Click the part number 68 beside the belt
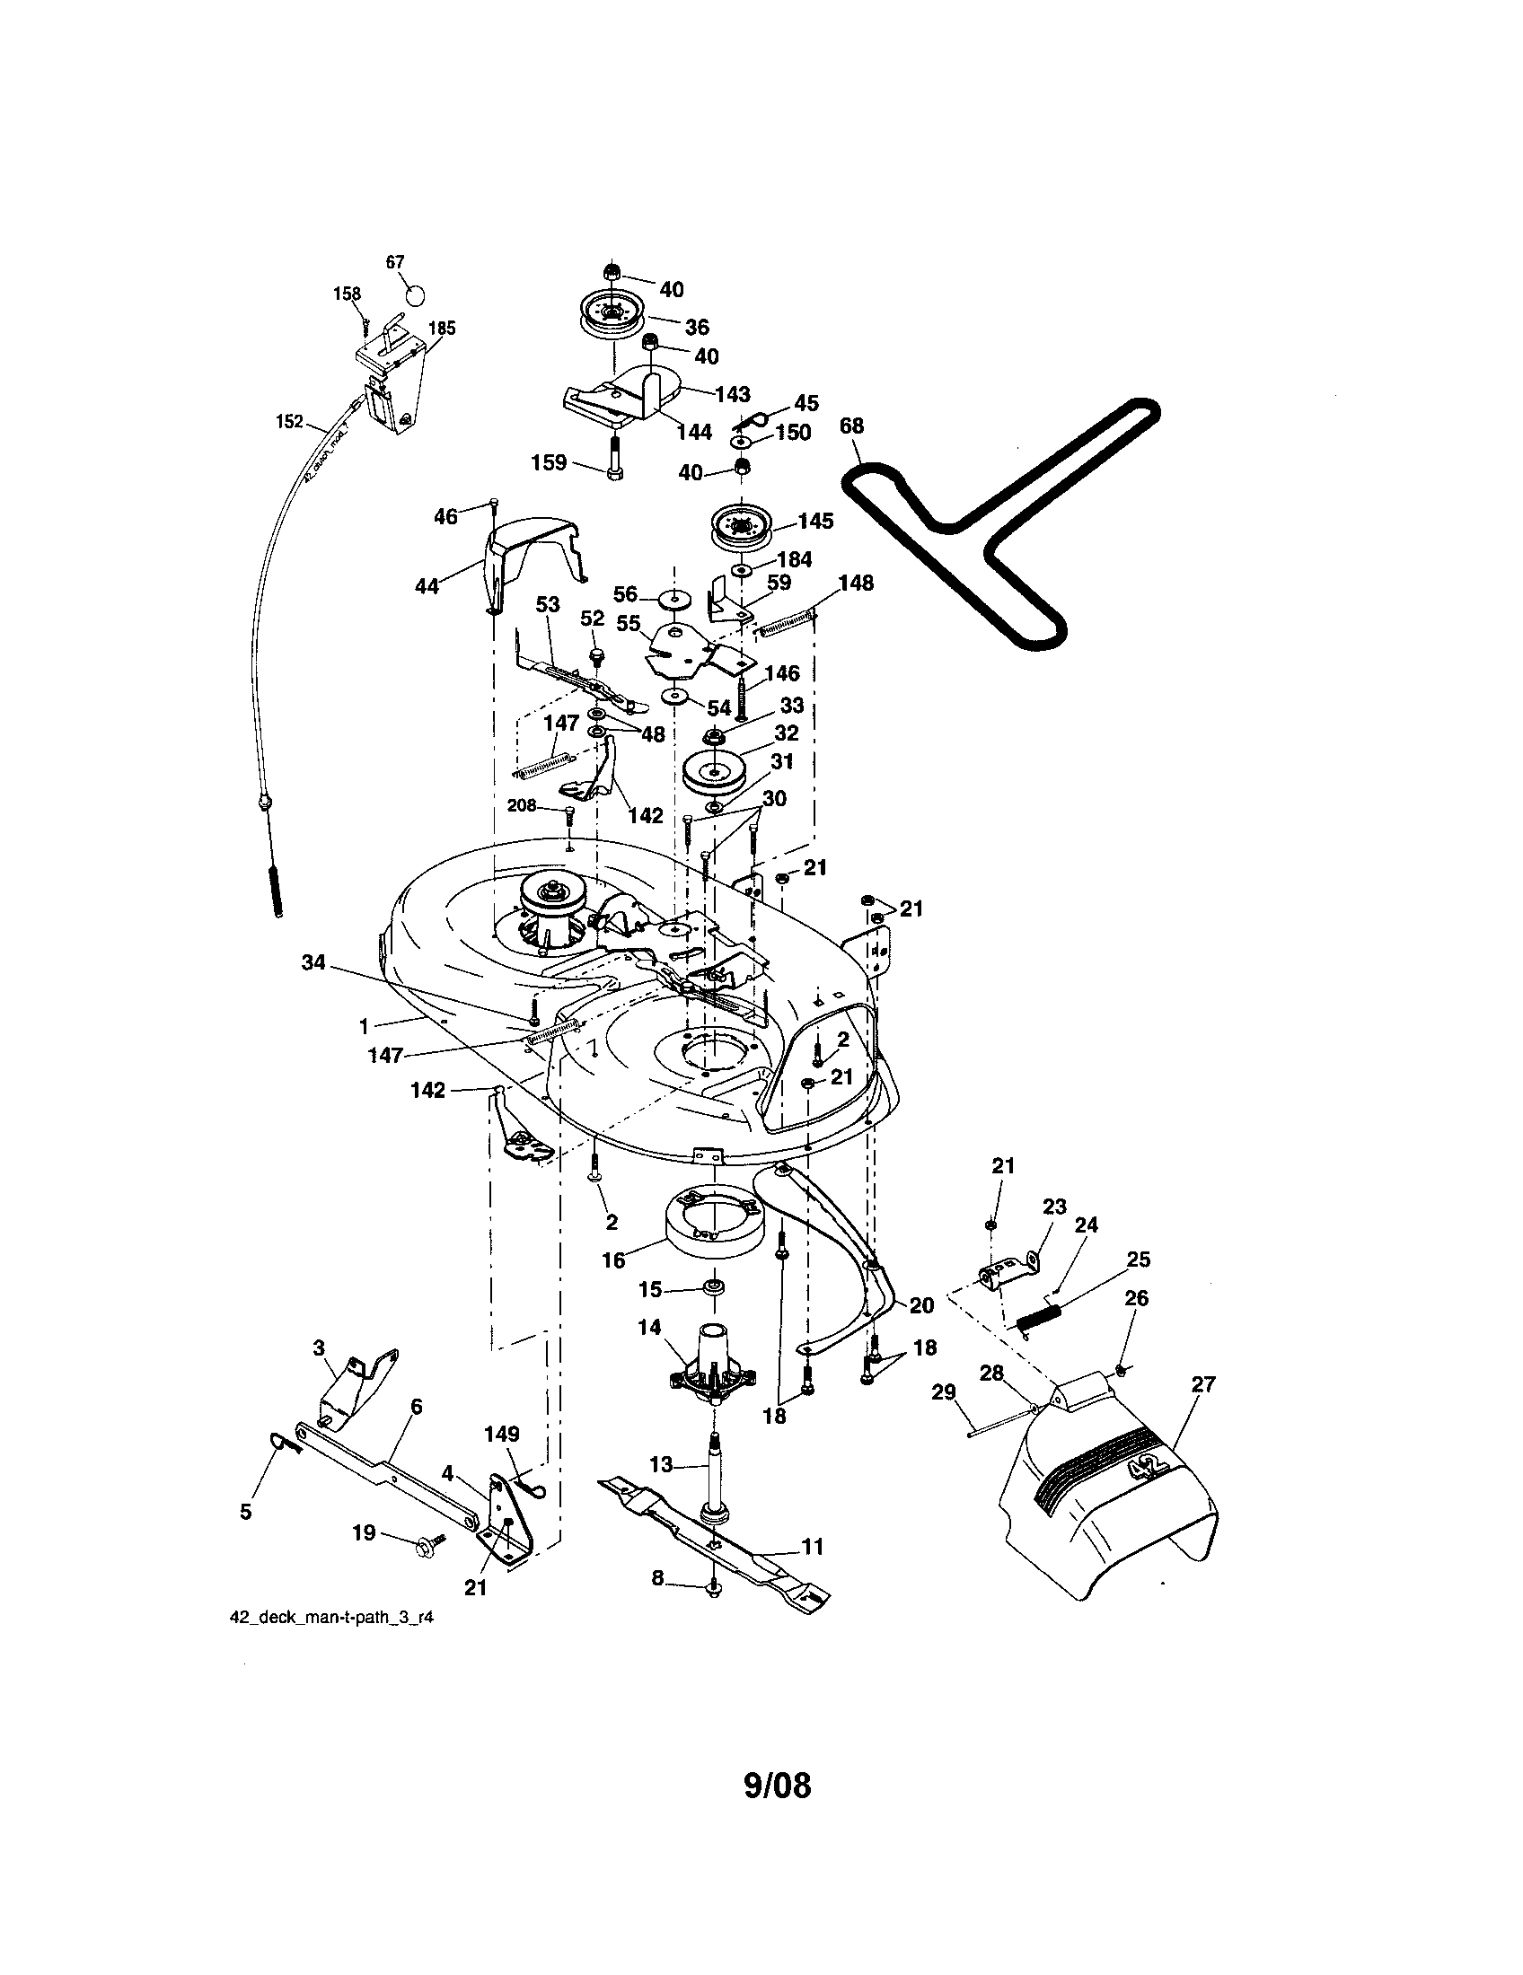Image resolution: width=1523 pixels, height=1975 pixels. tap(851, 425)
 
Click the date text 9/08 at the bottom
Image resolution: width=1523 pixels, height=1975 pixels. tap(777, 1786)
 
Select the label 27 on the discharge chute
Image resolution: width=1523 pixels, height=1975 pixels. tap(1203, 1382)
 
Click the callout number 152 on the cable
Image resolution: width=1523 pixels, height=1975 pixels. tap(288, 421)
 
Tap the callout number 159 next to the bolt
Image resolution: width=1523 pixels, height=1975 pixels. tap(549, 463)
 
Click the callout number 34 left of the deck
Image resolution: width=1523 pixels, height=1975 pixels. tap(313, 964)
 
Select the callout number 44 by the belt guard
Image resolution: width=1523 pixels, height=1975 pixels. tap(426, 586)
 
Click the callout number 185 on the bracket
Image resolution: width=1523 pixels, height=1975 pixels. tap(441, 329)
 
